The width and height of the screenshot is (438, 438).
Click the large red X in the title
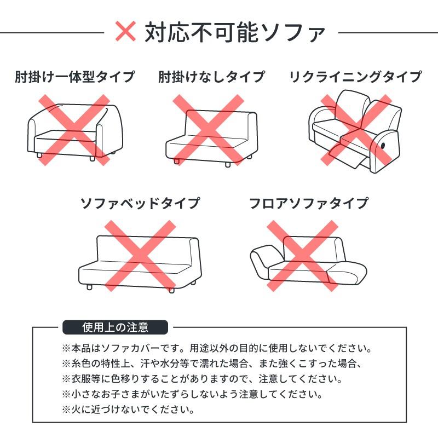[126, 32]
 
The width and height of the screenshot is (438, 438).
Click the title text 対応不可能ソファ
[235, 32]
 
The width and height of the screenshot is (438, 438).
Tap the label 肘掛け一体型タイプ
[74, 77]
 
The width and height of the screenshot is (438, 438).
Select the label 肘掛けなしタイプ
[211, 77]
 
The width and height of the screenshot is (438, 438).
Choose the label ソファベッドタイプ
[140, 204]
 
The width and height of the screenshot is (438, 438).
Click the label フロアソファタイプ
[308, 204]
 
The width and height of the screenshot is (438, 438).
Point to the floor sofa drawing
[308, 260]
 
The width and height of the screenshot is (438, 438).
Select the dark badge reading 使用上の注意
[115, 327]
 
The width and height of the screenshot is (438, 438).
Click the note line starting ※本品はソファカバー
[216, 348]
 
